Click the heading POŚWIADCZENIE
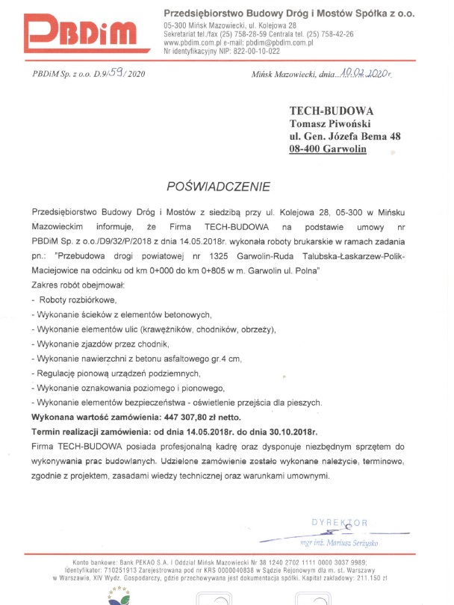click(220, 183)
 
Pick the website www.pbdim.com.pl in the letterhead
click(191, 43)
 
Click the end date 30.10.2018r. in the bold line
click(287, 431)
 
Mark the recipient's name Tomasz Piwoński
click(329, 123)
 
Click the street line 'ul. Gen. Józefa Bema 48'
click(345, 136)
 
